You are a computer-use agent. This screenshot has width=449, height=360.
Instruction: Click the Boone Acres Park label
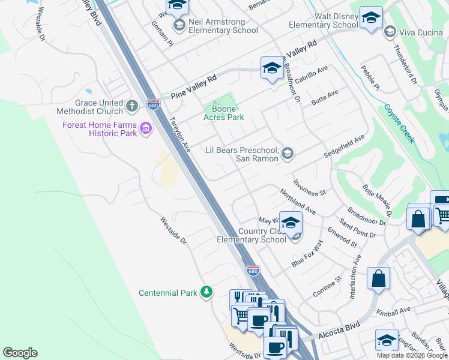(x=224, y=113)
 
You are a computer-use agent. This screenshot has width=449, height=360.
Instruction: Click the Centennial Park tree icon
(x=206, y=292)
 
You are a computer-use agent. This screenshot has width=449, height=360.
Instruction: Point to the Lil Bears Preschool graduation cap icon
(x=288, y=154)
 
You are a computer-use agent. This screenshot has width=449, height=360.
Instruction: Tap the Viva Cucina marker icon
(x=390, y=31)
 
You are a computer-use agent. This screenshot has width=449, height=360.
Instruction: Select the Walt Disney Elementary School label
(x=324, y=20)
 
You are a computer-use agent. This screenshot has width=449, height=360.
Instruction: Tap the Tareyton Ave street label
(x=180, y=134)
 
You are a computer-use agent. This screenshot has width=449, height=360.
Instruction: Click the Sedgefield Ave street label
(x=344, y=146)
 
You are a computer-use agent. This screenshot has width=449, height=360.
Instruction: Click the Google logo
(x=20, y=353)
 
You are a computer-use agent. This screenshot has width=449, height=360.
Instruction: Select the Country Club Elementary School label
(x=252, y=235)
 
